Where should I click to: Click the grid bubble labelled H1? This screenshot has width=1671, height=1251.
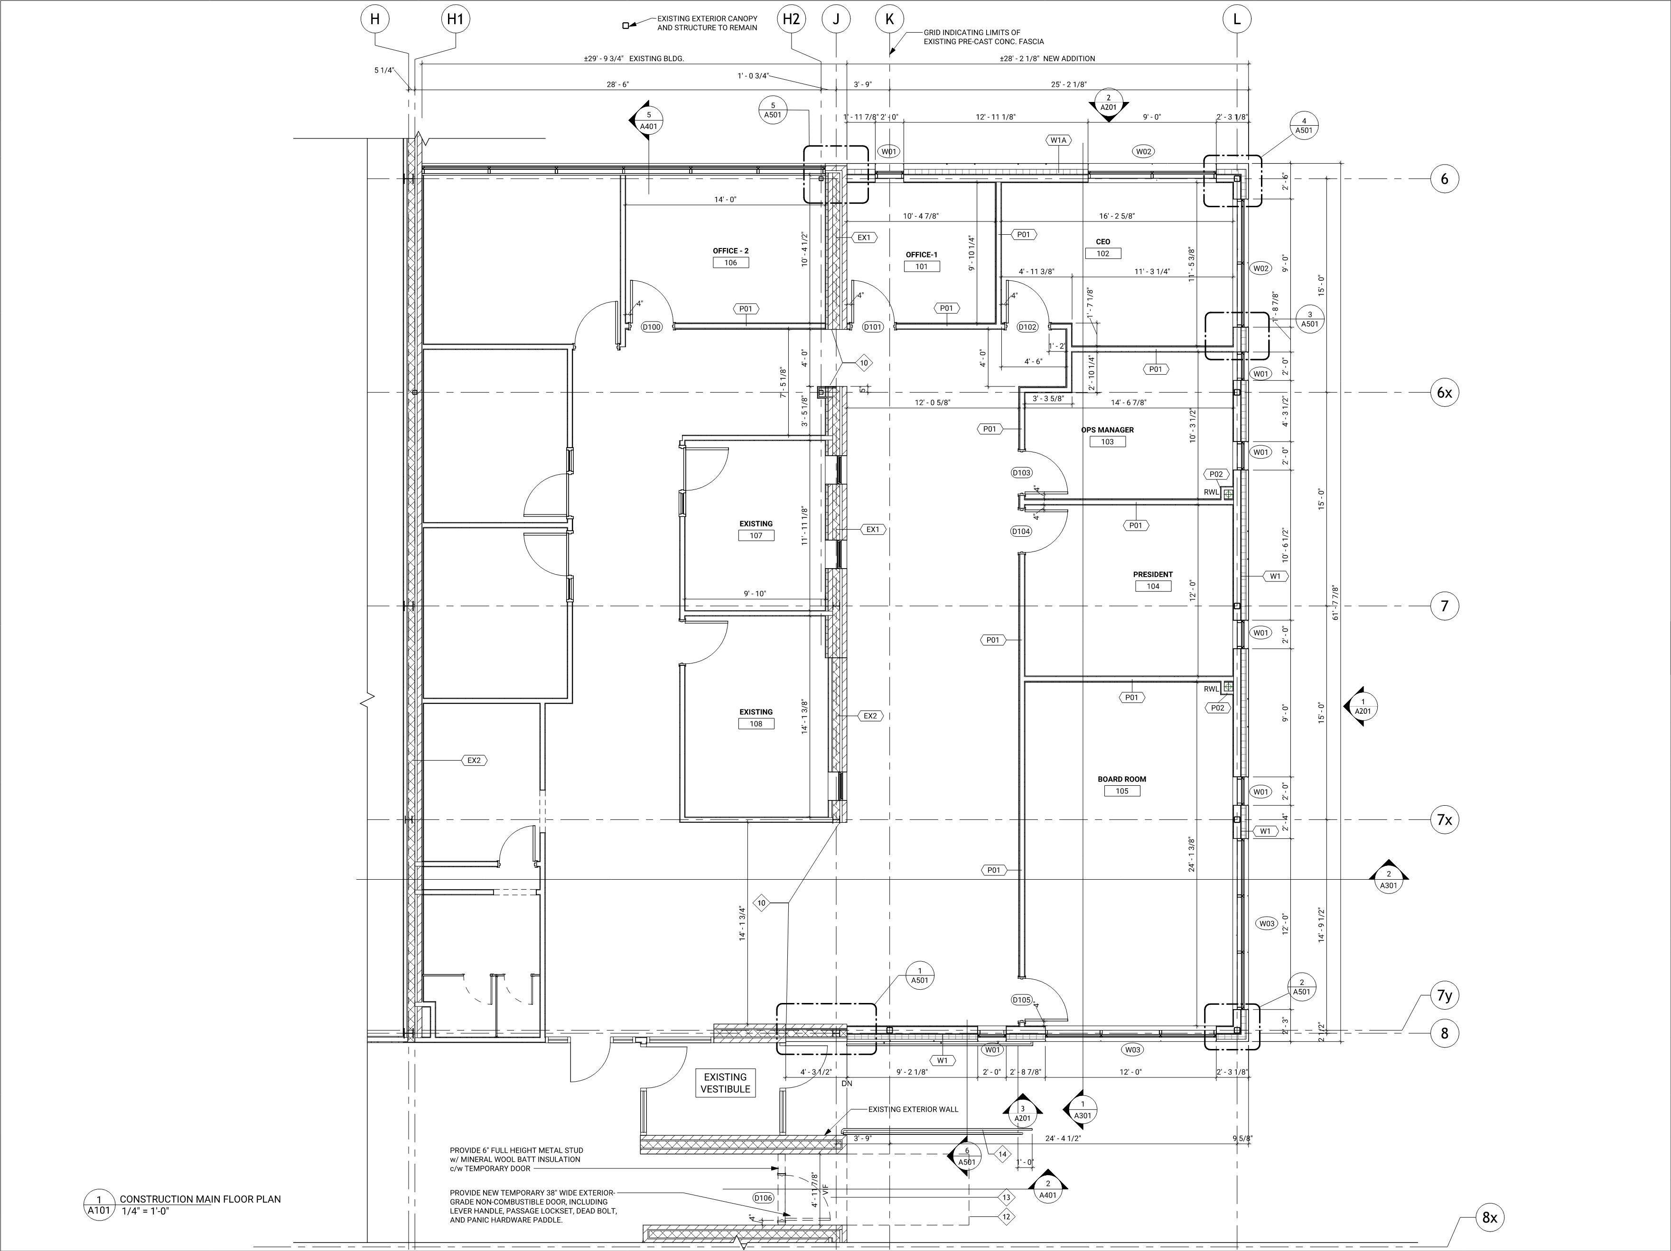455,19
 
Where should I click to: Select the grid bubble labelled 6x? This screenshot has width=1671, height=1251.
1444,393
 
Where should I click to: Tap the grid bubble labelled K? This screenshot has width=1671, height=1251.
889,19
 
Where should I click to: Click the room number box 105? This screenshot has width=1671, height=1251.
1122,791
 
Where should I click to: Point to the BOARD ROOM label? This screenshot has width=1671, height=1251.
1122,779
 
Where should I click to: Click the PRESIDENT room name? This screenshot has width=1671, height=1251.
1153,575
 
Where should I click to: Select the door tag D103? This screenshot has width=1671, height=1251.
1021,473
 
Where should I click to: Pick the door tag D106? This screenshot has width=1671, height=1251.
763,1197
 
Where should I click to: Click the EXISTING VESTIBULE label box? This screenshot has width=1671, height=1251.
725,1083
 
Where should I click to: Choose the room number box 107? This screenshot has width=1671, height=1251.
756,535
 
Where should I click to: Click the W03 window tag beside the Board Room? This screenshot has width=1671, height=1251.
1267,923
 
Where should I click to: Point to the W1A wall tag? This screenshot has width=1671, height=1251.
1057,140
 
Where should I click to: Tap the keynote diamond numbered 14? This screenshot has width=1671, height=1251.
1002,1154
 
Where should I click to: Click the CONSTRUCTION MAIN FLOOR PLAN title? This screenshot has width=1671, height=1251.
200,1199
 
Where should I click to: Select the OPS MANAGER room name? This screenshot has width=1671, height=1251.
1108,430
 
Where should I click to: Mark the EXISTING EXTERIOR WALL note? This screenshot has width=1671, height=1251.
913,1109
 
